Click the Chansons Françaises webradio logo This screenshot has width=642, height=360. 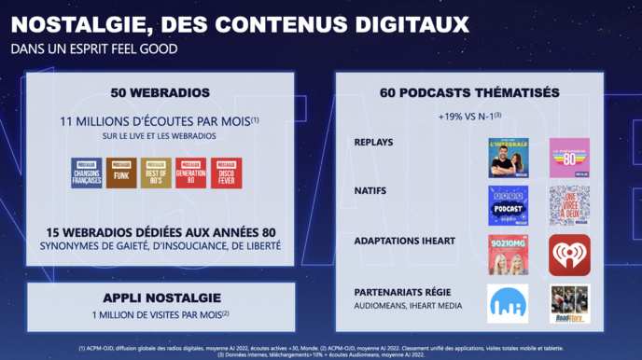coord(87,173)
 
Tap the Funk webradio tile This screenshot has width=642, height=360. coord(121,173)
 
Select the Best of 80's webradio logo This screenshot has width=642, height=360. coord(156,173)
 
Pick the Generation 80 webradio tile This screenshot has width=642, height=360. coord(191,173)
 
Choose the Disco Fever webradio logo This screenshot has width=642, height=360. coord(227,173)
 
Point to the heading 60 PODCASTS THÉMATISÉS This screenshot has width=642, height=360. coord(469,93)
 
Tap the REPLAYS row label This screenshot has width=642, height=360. coord(374,143)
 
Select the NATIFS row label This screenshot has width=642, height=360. coord(370,191)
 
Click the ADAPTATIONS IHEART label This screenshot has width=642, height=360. coord(405,241)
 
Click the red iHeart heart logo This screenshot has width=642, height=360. coord(569,255)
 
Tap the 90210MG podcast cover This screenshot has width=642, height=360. coord(508,255)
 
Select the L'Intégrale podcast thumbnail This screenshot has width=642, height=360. coord(508,158)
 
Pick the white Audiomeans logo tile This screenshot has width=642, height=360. coord(508,303)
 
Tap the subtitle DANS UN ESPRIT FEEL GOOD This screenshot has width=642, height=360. coord(94,48)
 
